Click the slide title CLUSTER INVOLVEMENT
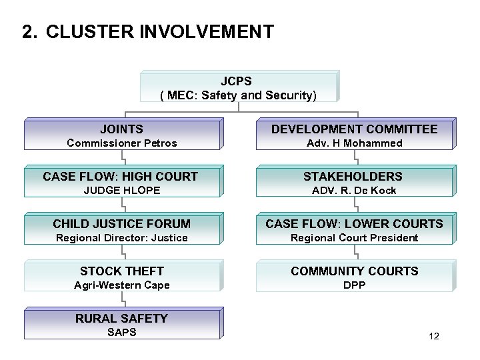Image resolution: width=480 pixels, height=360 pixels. coord(160,32)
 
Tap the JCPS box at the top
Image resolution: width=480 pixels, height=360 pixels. coord(239,87)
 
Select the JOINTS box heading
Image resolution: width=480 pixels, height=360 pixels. coord(121,129)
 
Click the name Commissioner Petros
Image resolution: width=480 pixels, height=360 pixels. coord(122,143)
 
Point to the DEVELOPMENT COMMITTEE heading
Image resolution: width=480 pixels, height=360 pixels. coord(354,129)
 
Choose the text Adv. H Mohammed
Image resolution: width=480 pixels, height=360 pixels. coord(354,143)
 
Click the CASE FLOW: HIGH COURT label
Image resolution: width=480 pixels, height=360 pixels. coord(120,177)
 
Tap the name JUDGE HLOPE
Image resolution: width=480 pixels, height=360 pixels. coord(122,191)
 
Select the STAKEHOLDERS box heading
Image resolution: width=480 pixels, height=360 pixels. coord(353,177)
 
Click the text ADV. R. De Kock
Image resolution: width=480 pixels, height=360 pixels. coord(354,191)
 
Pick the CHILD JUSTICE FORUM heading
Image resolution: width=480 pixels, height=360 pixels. coord(121,224)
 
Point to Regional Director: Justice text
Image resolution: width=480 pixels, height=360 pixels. coord(122,238)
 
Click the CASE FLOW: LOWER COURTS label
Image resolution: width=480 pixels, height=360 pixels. coord(354,224)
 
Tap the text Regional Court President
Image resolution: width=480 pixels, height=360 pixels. coord(354,238)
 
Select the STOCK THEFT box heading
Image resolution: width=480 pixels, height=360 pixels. coord(121,271)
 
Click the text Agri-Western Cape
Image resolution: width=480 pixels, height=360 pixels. coord(122,285)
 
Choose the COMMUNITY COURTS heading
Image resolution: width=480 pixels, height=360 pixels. coord(354,271)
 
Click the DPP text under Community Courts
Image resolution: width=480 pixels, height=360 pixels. coord(354,285)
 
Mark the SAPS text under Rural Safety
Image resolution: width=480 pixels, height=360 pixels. coord(121,332)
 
